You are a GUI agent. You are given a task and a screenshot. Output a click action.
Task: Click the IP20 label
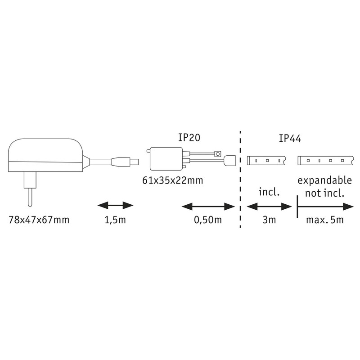(189, 138)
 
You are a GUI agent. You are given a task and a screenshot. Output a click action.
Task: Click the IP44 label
(290, 139)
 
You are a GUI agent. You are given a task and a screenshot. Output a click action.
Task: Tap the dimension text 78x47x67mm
(39, 220)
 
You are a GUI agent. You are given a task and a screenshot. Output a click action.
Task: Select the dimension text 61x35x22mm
(173, 180)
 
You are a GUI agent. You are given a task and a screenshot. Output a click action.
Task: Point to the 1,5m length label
(115, 220)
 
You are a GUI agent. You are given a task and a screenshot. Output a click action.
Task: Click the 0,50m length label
(208, 220)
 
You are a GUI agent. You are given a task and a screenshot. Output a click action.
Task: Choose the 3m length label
(269, 220)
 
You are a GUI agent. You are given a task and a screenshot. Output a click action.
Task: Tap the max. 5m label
(325, 220)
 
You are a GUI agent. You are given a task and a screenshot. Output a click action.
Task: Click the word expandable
(324, 181)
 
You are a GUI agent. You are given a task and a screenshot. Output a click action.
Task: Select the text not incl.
(324, 193)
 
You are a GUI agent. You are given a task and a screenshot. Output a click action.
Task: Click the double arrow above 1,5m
(115, 206)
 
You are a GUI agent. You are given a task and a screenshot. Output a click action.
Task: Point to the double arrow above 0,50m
(208, 207)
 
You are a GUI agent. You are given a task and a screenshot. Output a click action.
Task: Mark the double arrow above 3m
(269, 207)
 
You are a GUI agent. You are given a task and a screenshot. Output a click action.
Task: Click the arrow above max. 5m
(325, 207)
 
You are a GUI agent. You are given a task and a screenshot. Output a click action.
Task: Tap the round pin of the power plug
(30, 198)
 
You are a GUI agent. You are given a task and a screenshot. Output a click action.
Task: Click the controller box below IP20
(166, 159)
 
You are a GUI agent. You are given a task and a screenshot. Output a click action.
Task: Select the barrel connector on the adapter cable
(125, 162)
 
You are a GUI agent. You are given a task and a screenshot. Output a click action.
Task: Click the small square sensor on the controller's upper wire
(218, 153)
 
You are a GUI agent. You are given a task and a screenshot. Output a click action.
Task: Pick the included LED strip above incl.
(266, 161)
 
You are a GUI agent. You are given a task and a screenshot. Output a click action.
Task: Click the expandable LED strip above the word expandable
(326, 161)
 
